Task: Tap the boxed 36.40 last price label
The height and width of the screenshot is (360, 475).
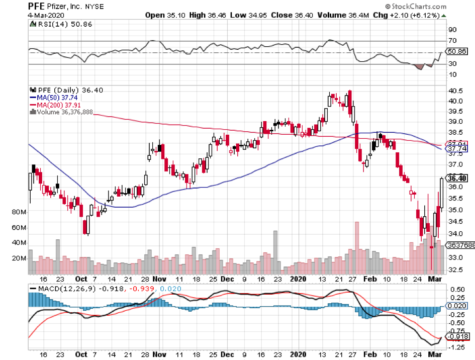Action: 457,178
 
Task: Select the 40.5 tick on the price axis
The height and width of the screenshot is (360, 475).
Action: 456,91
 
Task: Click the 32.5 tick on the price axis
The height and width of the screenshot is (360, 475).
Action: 456,270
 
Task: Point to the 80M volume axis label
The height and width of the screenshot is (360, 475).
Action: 19,213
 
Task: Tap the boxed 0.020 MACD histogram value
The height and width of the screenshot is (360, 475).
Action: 457,306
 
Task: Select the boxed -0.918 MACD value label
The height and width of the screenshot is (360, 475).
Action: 457,336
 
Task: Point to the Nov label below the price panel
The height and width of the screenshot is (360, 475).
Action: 159,279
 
